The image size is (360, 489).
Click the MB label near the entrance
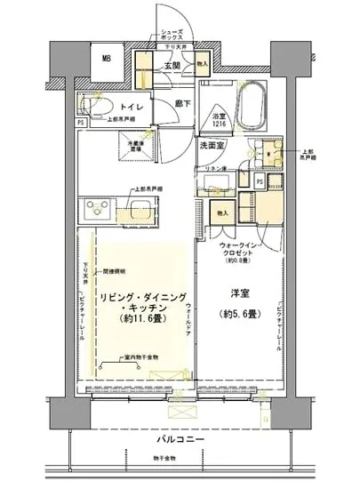tap(107, 60)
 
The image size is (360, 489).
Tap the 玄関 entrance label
tap(172, 65)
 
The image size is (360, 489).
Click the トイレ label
tap(124, 105)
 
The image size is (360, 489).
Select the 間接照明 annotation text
tap(114, 269)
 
